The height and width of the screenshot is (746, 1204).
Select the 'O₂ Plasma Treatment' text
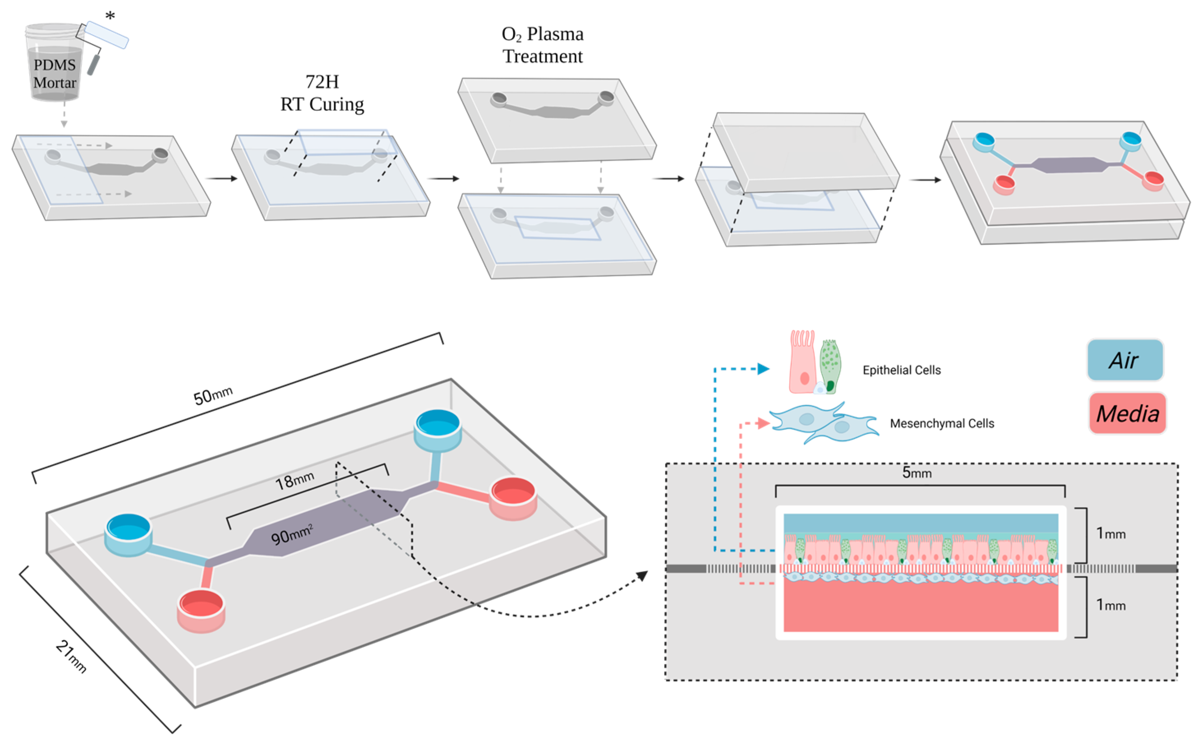(542, 45)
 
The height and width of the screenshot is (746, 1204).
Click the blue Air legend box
(1125, 360)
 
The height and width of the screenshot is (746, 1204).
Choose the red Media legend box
(1127, 413)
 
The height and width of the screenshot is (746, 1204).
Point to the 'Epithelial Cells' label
(901, 370)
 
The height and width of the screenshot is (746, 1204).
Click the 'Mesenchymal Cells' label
(942, 423)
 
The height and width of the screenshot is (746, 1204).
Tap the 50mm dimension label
(212, 396)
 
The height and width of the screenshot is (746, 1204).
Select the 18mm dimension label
(295, 480)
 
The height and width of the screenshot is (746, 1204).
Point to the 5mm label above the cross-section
(916, 473)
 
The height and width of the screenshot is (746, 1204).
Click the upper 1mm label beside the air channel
(1110, 534)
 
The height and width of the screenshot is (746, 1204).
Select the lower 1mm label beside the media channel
(1110, 605)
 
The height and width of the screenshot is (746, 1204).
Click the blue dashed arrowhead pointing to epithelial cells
(763, 369)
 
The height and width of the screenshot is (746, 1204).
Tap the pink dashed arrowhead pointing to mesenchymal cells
(763, 423)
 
